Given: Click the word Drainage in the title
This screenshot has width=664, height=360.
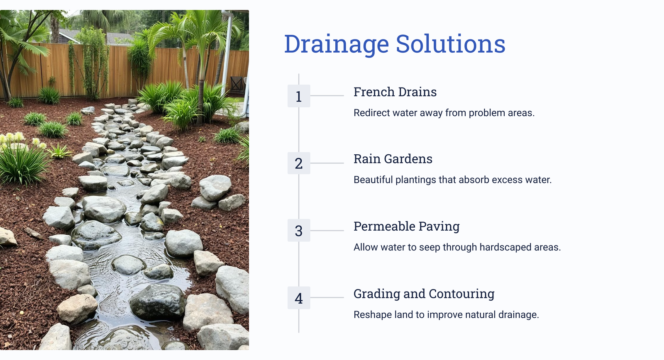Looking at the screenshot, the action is (x=337, y=44).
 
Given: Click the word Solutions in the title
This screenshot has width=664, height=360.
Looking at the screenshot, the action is (x=451, y=44).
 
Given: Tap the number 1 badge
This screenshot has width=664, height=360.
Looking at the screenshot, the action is (x=299, y=96).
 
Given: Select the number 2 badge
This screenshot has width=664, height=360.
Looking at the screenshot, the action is (x=299, y=163).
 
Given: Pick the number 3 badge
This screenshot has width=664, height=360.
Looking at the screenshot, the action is (x=299, y=231).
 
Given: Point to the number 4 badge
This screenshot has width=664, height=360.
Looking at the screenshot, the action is (x=299, y=298).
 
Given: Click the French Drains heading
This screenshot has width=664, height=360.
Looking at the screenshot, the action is (x=395, y=92).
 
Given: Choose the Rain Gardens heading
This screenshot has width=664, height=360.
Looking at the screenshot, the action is (x=393, y=159).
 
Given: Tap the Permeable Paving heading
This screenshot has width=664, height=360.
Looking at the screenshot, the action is (x=406, y=227).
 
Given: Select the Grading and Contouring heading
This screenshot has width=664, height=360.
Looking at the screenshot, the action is (x=424, y=294).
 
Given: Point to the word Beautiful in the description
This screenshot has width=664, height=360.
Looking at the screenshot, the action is (x=373, y=180).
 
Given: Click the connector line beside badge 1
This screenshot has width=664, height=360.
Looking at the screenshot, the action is (x=327, y=96).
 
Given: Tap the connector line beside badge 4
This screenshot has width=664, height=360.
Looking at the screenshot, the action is (x=327, y=297).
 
